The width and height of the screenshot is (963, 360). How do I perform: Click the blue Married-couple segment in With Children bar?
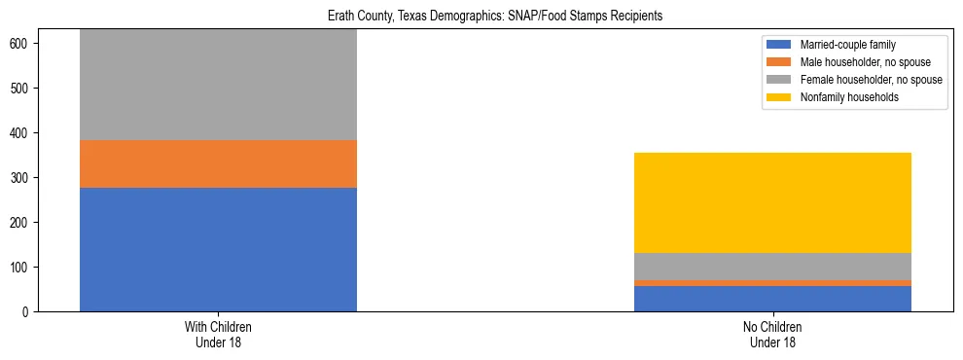click(x=218, y=249)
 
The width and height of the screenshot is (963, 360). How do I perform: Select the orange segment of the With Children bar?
click(x=218, y=163)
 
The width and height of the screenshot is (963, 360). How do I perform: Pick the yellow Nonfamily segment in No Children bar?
click(x=772, y=202)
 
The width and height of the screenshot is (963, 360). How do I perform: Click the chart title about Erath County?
click(x=481, y=17)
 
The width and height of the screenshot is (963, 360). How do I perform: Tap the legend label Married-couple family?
click(x=847, y=45)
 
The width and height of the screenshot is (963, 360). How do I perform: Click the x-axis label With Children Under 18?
click(x=218, y=334)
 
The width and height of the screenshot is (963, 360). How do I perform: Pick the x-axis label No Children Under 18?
click(x=772, y=334)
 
